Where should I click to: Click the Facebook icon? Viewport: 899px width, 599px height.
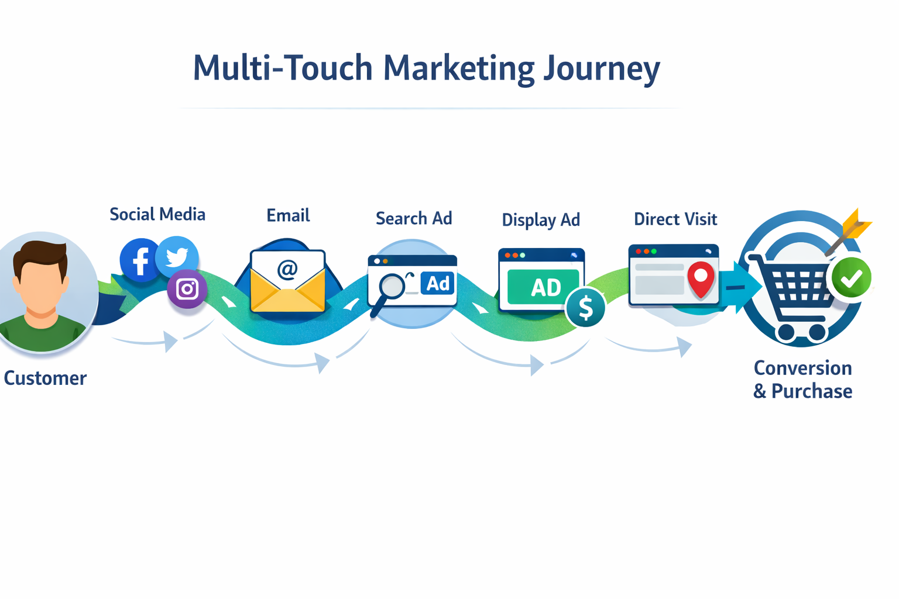point(140,260)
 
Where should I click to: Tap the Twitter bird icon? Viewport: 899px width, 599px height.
point(177,256)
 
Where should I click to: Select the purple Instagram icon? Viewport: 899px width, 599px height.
point(187,289)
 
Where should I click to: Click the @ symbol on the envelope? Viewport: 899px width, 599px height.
point(287,270)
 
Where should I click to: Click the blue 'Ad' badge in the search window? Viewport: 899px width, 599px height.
point(437,284)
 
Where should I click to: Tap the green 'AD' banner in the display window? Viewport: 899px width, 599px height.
point(544,287)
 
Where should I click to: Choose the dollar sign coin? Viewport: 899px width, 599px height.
point(585,307)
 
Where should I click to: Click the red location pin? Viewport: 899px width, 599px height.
point(701,278)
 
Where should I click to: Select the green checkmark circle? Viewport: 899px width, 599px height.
point(851,278)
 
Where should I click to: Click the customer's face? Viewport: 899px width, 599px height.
point(41,284)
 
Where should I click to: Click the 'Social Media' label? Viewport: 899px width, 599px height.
point(157,215)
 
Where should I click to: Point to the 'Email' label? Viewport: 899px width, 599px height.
point(288,216)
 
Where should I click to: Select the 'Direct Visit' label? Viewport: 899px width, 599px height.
point(675,219)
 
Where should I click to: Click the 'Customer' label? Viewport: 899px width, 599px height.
point(45,378)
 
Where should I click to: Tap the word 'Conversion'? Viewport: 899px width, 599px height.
point(802,369)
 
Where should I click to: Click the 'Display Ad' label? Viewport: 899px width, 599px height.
point(541,221)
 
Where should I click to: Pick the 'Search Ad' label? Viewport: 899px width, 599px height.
point(414,219)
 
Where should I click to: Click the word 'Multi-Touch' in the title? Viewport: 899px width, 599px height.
point(283,68)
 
